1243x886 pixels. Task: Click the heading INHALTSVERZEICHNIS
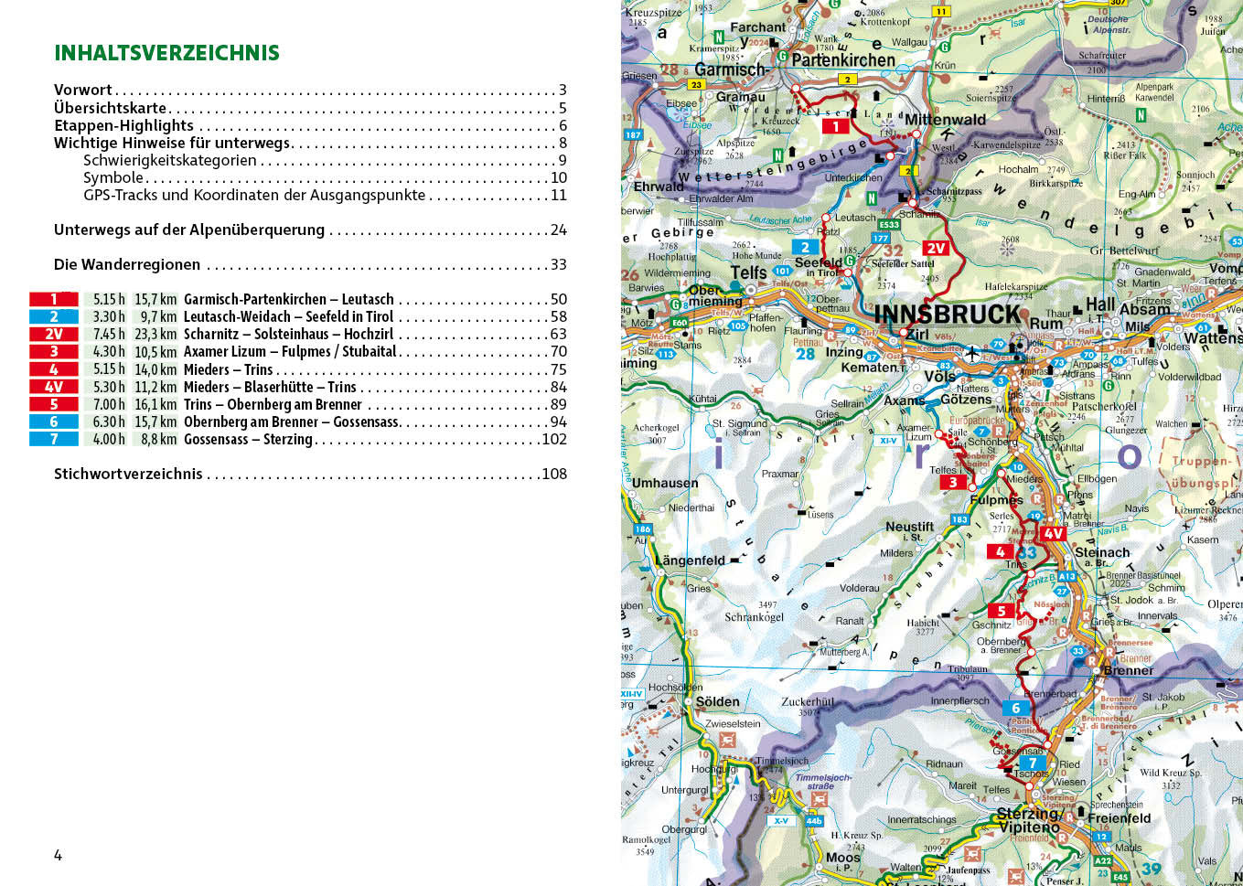[x=166, y=53]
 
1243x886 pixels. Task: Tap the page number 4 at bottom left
[x=58, y=856]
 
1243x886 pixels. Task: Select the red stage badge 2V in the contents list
[x=54, y=335]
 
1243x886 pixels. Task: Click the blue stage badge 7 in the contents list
[x=54, y=439]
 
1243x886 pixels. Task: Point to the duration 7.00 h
[x=109, y=404]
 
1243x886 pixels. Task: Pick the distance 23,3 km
[x=155, y=335]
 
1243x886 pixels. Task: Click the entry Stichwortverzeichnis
[x=128, y=474]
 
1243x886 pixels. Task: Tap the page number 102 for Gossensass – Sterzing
[x=554, y=439]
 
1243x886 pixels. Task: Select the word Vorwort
[x=82, y=90]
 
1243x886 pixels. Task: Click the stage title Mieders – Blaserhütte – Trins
[x=270, y=387]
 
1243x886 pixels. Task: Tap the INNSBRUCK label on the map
[x=947, y=315]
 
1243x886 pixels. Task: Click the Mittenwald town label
[x=945, y=120]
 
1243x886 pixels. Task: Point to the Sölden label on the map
[x=717, y=702]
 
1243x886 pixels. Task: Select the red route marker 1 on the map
[x=835, y=127]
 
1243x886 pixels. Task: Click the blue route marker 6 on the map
[x=1015, y=708]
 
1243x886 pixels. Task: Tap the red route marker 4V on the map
[x=1054, y=533]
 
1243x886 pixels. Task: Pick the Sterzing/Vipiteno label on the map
[x=1029, y=820]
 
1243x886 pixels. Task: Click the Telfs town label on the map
[x=748, y=272]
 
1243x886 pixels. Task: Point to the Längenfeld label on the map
[x=690, y=560]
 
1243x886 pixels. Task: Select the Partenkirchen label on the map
[x=842, y=60]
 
